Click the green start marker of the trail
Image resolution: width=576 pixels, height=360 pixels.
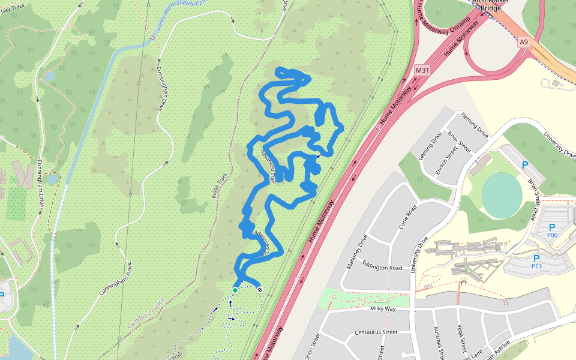[235, 290]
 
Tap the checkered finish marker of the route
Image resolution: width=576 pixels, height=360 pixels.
[260, 290]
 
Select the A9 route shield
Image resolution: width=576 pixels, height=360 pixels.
[524, 42]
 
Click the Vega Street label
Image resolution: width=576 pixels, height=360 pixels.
[463, 339]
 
